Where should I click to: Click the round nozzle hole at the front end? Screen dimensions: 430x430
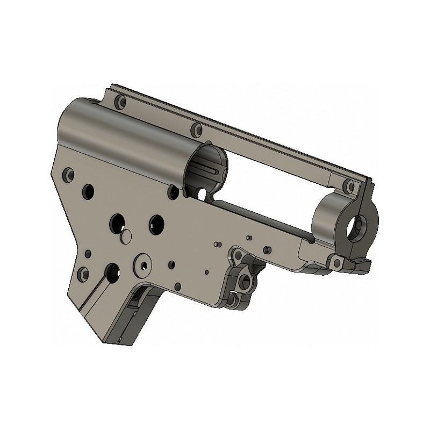(359, 227)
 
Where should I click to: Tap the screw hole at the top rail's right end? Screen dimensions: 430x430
(351, 187)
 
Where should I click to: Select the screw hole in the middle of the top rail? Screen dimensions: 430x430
(197, 129)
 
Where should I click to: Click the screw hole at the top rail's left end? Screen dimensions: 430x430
(121, 101)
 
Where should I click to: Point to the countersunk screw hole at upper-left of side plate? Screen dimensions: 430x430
(68, 174)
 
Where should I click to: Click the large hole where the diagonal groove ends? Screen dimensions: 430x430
(113, 270)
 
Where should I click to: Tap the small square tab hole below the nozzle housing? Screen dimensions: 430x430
(337, 262)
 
